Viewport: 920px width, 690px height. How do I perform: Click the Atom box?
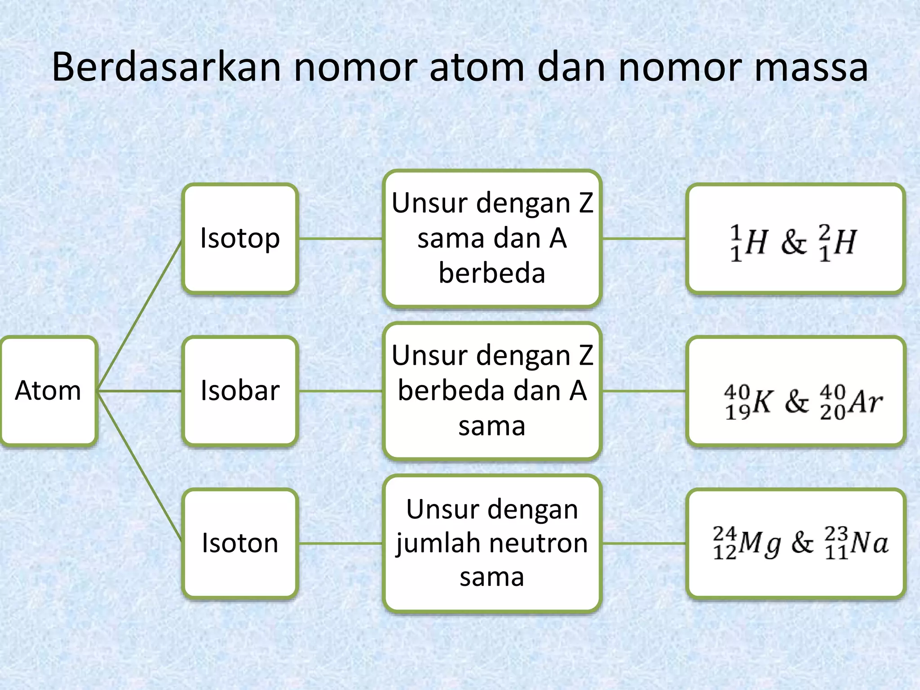coord(48,390)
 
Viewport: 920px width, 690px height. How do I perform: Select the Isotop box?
coord(240,238)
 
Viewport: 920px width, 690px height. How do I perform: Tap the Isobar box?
coord(240,390)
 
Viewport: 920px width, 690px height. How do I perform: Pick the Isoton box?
coord(240,543)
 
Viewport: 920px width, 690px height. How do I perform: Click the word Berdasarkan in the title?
coord(167,67)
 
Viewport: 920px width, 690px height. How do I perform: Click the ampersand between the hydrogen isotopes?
coord(794,243)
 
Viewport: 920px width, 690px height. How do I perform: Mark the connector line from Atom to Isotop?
coord(139,314)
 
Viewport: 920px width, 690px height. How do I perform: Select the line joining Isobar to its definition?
coord(341,391)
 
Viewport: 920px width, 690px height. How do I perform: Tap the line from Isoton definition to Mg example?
coord(643,543)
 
